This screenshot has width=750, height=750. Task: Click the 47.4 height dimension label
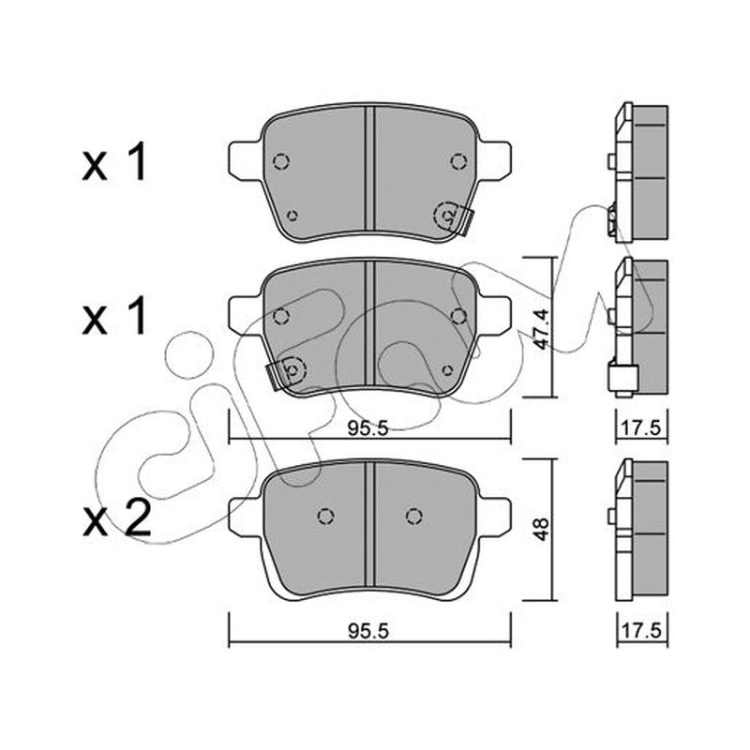[x=541, y=329]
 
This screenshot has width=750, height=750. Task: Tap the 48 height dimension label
[x=541, y=529]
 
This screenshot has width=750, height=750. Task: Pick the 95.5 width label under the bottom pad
[x=368, y=631]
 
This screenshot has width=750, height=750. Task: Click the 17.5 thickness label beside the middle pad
[x=642, y=428]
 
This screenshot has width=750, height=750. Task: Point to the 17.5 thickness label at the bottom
[x=642, y=630]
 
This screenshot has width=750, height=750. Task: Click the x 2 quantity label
[x=116, y=518]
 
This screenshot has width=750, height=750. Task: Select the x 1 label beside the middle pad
[x=113, y=316]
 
